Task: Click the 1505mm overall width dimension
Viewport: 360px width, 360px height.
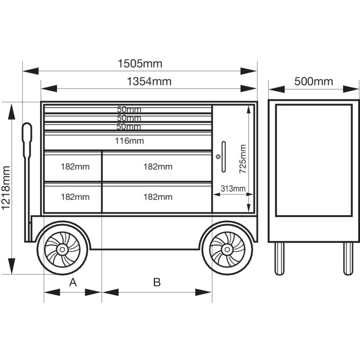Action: point(140,63)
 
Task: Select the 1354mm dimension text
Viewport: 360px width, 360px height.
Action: point(149,81)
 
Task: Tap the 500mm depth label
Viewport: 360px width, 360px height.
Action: point(314,81)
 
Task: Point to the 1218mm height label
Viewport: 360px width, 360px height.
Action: point(6,188)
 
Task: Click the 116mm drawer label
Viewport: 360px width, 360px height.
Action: point(130,141)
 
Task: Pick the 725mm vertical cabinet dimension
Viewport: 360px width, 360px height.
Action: point(243,159)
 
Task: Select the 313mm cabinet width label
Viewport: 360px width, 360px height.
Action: point(233,189)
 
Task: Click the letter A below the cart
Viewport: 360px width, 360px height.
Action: point(73,282)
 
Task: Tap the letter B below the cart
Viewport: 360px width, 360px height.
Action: point(157,282)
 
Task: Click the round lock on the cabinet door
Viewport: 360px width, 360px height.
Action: point(218,157)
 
